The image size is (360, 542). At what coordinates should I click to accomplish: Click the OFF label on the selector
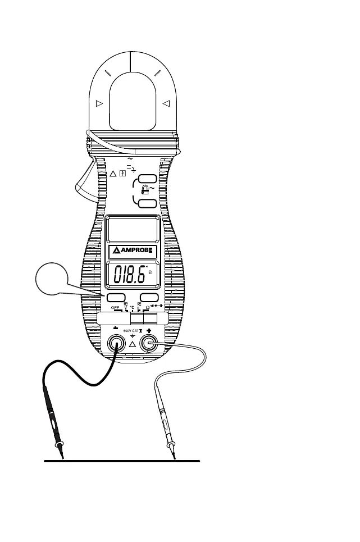click(116, 307)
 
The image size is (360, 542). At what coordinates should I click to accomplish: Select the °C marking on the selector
click(132, 307)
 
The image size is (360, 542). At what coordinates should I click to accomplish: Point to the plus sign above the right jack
click(149, 330)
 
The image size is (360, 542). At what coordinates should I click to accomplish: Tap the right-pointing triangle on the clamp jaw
click(99, 103)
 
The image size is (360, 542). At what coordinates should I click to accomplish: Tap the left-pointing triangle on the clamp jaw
click(166, 103)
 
